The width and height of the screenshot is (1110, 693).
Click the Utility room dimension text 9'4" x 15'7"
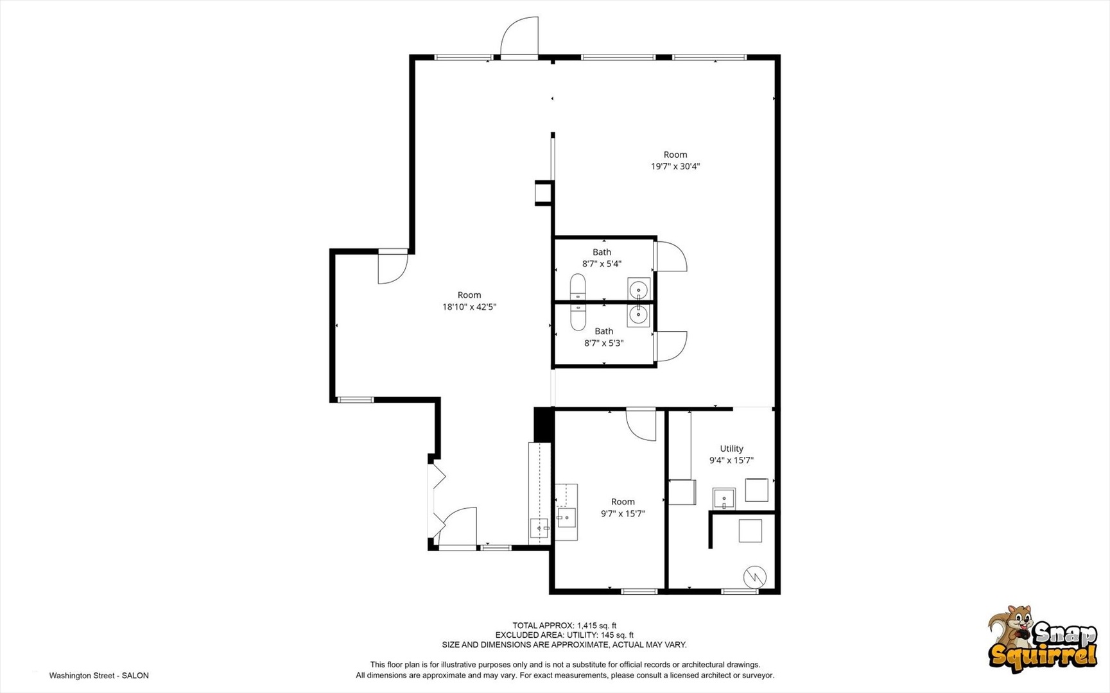(x=731, y=460)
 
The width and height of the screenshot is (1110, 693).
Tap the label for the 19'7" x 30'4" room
(x=675, y=155)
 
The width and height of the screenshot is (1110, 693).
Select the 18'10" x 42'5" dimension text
(x=469, y=307)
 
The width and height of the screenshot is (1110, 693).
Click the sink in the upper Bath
(x=638, y=290)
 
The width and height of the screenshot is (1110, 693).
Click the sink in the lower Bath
(x=638, y=315)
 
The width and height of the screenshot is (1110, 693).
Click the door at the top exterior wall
(x=519, y=37)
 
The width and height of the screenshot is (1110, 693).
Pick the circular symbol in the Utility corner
(x=754, y=577)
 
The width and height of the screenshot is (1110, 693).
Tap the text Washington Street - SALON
(x=99, y=676)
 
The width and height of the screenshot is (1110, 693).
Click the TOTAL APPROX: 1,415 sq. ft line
(x=564, y=626)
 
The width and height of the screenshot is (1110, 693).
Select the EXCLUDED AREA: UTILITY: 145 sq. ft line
(x=564, y=635)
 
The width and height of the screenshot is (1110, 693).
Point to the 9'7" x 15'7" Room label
(x=623, y=502)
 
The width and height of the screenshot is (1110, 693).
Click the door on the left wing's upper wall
(x=392, y=267)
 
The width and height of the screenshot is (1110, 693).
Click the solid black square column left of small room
(x=544, y=425)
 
